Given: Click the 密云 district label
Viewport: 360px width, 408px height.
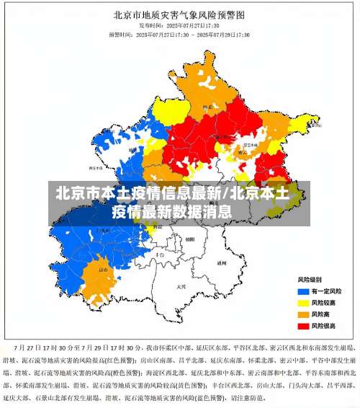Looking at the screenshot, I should click(x=243, y=152).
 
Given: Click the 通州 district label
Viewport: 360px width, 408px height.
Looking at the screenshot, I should click(x=222, y=264).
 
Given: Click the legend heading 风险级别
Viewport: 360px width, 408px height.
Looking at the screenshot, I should click(x=310, y=279).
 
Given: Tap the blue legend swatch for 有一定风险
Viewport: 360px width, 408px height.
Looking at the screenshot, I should click(x=303, y=291).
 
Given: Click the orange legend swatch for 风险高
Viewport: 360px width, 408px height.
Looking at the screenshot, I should click(x=303, y=314).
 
